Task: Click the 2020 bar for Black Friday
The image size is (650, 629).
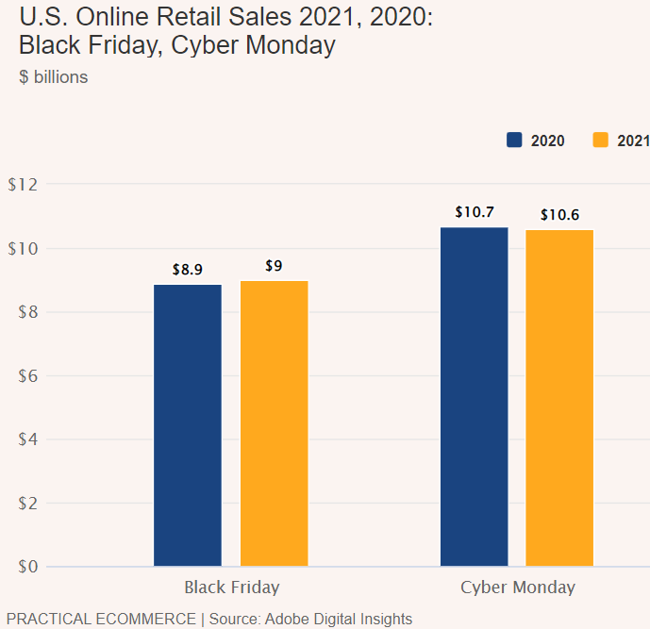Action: pos(188,425)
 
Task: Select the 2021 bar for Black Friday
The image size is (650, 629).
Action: pos(274,423)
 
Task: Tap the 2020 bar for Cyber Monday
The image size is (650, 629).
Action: pos(474,397)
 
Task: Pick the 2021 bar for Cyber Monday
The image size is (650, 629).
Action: pos(559,398)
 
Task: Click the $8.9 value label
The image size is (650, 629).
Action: pos(188,270)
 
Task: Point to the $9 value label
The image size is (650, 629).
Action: pos(274,266)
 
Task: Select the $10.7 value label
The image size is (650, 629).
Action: pos(474,212)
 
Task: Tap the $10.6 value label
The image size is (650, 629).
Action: pos(559,215)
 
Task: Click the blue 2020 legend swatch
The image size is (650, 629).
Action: pos(514,141)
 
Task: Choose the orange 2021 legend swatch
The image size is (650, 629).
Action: pos(600,141)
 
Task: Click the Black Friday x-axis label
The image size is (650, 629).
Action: pos(232,588)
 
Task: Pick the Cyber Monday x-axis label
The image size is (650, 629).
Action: pos(518,588)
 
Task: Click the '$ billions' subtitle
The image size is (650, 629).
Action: pos(54,77)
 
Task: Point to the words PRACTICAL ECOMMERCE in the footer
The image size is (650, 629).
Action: pos(100,620)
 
